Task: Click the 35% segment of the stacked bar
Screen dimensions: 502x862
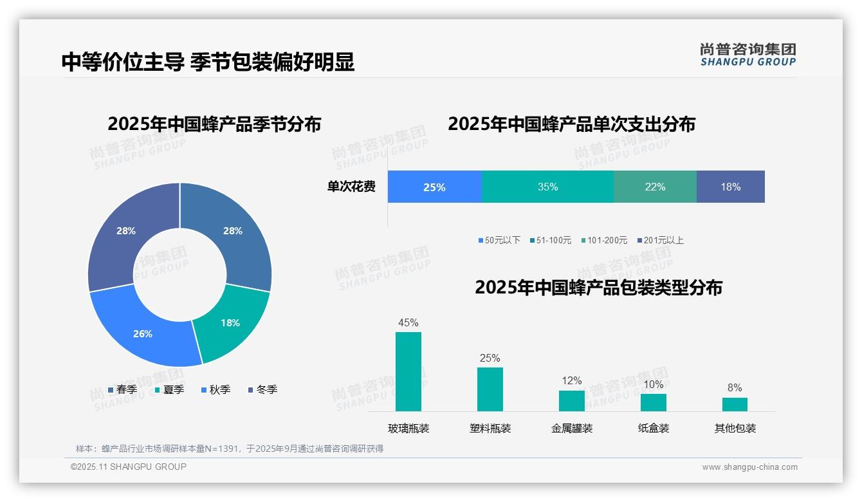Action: click(547, 187)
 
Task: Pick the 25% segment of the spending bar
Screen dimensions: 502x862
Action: click(434, 187)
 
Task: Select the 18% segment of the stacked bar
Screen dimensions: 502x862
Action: click(730, 187)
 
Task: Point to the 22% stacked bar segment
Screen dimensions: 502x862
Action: click(655, 187)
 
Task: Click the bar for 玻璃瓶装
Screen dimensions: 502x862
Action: click(408, 371)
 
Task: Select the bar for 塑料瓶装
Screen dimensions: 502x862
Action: click(490, 389)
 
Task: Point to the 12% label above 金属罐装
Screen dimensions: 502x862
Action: click(571, 380)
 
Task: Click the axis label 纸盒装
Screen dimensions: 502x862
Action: click(654, 428)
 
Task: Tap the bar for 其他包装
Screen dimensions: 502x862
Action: click(735, 404)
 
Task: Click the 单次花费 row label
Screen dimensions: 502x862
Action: click(351, 187)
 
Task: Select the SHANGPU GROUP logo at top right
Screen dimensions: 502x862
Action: click(747, 55)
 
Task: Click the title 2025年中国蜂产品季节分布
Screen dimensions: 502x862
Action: click(214, 124)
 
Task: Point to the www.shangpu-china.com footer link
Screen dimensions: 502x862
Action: click(749, 467)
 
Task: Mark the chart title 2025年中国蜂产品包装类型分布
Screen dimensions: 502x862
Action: click(598, 288)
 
